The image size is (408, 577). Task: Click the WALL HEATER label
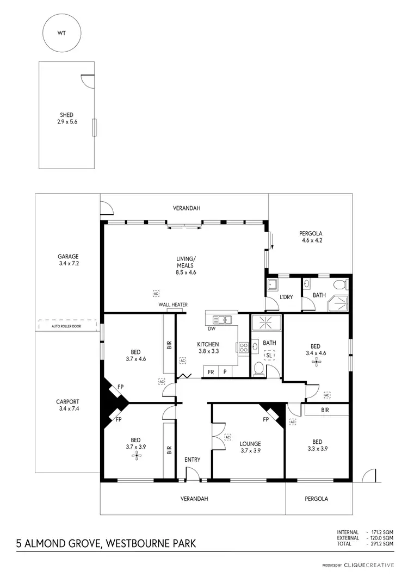click(173, 305)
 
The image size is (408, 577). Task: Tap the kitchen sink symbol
click(222, 319)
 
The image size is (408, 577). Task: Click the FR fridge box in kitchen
click(210, 371)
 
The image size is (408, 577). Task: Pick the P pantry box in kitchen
click(225, 371)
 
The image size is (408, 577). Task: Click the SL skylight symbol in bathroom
click(269, 355)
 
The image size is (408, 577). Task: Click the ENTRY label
click(192, 460)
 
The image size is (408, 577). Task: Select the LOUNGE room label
click(249, 443)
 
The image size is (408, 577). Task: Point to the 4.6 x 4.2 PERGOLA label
click(313, 237)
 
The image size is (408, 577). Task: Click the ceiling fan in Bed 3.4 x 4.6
click(316, 361)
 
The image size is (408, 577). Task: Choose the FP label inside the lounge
click(266, 419)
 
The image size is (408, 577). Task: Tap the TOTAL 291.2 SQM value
click(381, 543)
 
